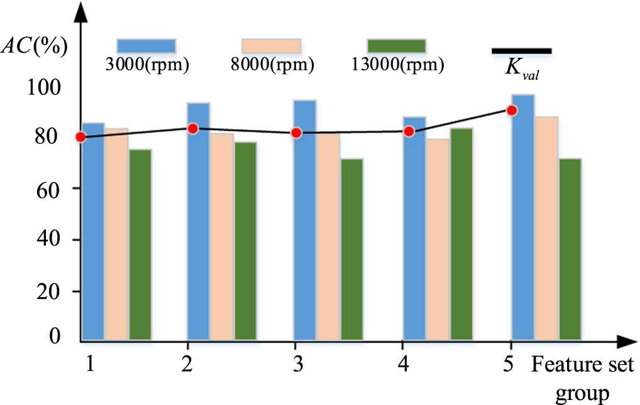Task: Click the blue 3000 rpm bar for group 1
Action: tap(93, 232)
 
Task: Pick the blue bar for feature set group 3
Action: tap(305, 220)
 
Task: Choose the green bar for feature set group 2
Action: tap(245, 241)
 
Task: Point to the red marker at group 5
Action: tap(512, 111)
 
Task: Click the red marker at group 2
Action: tap(193, 128)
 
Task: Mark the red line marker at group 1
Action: tap(80, 137)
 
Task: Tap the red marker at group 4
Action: tap(409, 131)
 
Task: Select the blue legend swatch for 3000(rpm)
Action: tap(146, 46)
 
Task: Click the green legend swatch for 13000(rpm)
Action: tap(396, 46)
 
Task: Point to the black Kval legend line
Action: tap(521, 50)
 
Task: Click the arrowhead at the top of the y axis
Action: tap(80, 9)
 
